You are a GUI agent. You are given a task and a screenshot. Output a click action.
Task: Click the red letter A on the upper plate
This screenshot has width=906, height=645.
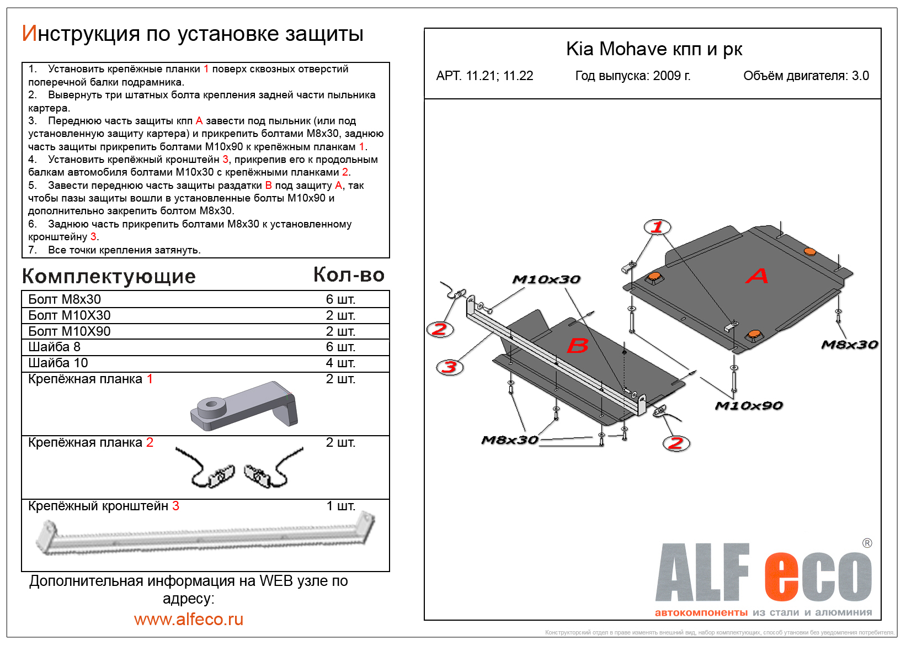tap(756, 276)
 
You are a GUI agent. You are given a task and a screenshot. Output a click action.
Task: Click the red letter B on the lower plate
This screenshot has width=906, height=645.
tap(578, 346)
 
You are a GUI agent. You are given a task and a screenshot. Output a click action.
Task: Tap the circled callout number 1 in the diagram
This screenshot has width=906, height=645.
tap(657, 227)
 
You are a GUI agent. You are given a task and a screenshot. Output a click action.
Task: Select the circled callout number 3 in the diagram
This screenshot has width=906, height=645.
tap(450, 367)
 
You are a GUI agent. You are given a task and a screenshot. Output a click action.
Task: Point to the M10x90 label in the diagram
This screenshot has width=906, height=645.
tap(748, 406)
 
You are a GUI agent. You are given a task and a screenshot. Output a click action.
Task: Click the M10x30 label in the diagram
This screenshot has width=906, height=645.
tap(546, 279)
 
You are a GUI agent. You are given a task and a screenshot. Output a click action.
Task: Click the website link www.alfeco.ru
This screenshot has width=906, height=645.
tap(189, 619)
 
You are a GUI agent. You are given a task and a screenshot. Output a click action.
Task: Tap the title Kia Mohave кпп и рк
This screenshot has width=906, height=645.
tap(654, 49)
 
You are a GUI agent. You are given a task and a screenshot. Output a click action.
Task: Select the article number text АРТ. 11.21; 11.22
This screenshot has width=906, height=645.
tap(484, 76)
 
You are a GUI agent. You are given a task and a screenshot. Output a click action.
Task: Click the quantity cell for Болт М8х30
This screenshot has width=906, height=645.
tap(340, 299)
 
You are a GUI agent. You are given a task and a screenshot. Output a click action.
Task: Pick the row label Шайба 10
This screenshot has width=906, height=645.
tap(58, 363)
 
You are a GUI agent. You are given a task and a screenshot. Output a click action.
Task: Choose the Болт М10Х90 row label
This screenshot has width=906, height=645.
tap(70, 331)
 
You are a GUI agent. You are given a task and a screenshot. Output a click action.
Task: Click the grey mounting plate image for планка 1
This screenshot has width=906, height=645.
tap(244, 406)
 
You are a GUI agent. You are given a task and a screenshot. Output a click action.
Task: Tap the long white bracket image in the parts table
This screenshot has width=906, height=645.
tap(205, 535)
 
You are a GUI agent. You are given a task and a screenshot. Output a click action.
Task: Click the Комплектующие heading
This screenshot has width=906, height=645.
tap(109, 276)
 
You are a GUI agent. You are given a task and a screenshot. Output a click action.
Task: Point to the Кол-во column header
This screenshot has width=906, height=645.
tap(349, 274)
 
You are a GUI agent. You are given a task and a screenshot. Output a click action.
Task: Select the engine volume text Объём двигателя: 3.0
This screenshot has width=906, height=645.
tap(806, 76)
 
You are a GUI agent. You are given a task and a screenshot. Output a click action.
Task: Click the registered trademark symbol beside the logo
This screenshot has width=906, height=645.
tap(867, 543)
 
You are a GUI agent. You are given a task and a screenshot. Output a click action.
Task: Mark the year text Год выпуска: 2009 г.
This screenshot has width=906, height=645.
tap(633, 76)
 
